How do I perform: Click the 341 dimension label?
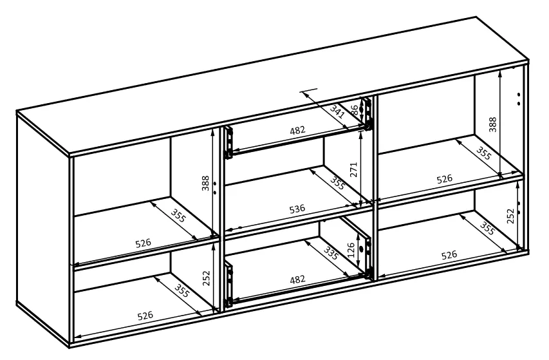point(337,111)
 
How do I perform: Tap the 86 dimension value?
point(355,111)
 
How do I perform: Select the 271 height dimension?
point(353,169)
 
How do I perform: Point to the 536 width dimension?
point(297,209)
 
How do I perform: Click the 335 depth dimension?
point(331,253)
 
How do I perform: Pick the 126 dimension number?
point(351,249)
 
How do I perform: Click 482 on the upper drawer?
point(297,130)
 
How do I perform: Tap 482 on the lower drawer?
point(297,279)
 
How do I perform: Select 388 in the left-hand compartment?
point(205,183)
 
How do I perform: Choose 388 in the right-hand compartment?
point(492,125)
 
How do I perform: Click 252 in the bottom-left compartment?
point(206,278)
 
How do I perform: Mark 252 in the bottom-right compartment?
point(510,216)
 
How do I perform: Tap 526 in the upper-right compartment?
point(444,179)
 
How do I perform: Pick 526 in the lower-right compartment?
point(449,254)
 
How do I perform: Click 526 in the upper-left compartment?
point(143,243)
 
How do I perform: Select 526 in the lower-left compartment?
point(145,316)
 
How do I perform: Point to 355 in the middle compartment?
point(337,182)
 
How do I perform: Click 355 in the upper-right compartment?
point(483,153)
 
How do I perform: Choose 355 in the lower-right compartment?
point(487,229)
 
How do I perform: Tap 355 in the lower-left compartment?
point(181,290)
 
